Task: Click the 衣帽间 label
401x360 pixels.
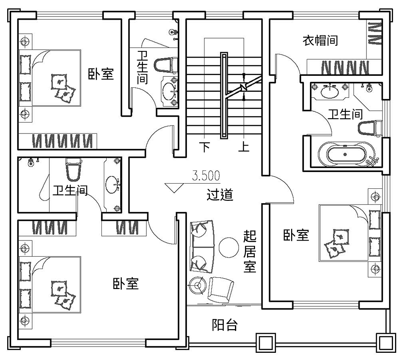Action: click(x=320, y=40)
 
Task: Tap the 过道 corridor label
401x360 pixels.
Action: click(x=220, y=194)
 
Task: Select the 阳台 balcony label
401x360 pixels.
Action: click(x=225, y=325)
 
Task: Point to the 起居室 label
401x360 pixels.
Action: click(x=250, y=251)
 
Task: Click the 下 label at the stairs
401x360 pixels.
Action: click(x=205, y=147)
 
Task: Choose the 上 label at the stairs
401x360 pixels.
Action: click(x=244, y=147)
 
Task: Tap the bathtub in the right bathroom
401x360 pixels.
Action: click(x=346, y=154)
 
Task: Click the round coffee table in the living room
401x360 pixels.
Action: click(x=229, y=247)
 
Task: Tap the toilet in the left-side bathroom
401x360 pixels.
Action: click(x=73, y=170)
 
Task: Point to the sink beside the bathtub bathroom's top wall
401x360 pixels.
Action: click(x=332, y=92)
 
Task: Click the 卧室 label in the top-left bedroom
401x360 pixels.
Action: click(x=101, y=74)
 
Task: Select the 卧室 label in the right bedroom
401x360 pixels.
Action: click(x=296, y=235)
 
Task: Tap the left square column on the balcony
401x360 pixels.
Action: click(x=265, y=342)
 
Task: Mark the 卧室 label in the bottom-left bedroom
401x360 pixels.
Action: click(x=126, y=284)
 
